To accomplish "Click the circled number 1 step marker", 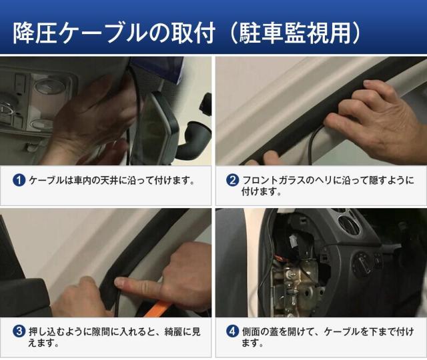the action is (19, 180).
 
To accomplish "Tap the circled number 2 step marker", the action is (232, 180).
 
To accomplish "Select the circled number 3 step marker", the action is (19, 331).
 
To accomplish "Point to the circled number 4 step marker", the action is (232, 331).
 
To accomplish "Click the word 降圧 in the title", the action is (35, 33).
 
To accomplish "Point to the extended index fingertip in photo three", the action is (119, 283).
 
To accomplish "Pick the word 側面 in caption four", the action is (251, 331).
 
